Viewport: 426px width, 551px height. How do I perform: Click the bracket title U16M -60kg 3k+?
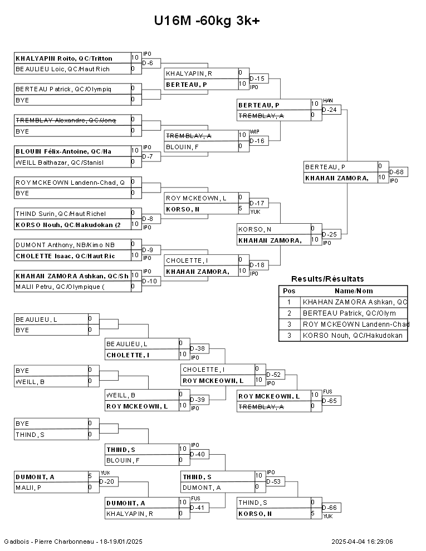coord(207,21)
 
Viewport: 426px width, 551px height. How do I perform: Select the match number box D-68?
coord(398,172)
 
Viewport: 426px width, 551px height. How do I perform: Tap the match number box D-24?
coord(331,110)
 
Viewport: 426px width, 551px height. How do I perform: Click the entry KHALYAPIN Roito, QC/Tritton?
coord(64,58)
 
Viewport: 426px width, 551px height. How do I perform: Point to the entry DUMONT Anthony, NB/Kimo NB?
coord(65,245)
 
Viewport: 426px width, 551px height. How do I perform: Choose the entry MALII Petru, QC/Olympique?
coord(60,287)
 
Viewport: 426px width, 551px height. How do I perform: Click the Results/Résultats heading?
coord(327,279)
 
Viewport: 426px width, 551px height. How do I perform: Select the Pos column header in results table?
coord(289,291)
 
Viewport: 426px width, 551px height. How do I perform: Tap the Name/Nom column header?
coord(354,291)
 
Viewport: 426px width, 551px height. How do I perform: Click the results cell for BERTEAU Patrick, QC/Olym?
coord(349,313)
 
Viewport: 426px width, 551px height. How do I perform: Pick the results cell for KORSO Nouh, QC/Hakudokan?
coord(352,336)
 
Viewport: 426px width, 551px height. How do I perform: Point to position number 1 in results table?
coord(289,302)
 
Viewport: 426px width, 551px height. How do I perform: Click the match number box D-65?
coord(331,401)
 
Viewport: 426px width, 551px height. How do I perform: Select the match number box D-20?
coord(109,482)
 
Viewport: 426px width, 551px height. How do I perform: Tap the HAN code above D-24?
coord(328,101)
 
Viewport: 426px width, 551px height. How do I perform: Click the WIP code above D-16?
coord(254,132)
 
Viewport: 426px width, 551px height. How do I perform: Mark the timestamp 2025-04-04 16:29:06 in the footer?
coord(362,542)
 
